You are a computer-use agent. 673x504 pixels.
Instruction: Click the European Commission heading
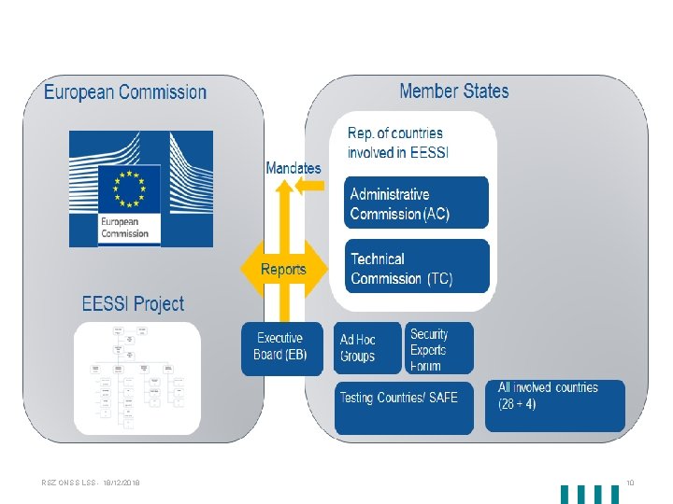(x=125, y=92)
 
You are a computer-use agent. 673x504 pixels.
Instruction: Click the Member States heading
(x=454, y=91)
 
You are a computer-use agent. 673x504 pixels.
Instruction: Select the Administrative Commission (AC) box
(x=416, y=203)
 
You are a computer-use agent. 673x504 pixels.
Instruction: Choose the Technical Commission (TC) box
(x=416, y=267)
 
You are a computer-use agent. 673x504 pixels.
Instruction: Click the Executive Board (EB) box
(x=281, y=347)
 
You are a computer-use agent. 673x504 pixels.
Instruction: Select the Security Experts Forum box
(x=438, y=348)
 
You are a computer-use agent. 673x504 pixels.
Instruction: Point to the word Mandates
(x=293, y=168)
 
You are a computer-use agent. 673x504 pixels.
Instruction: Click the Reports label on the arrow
(x=283, y=269)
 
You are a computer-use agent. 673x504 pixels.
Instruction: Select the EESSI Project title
(x=133, y=303)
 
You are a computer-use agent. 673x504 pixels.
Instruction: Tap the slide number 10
(x=630, y=483)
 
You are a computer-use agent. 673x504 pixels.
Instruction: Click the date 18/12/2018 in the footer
(x=121, y=483)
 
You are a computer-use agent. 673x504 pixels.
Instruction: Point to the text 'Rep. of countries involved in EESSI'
(x=396, y=143)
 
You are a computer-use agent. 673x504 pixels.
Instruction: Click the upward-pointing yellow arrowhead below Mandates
(x=283, y=187)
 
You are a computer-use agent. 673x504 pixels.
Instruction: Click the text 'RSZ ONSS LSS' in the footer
(x=66, y=483)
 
